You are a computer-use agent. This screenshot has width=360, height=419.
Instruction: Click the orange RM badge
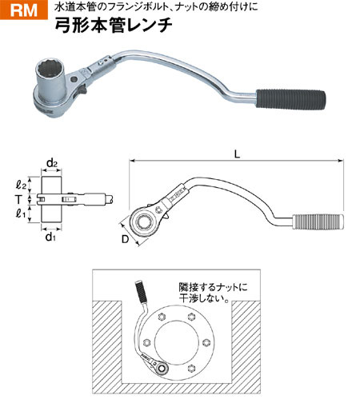[23, 10]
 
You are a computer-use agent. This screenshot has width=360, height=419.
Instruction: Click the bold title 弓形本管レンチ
[114, 26]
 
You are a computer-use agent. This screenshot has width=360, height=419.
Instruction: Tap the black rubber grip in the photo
[290, 99]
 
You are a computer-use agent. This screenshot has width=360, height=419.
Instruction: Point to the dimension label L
[237, 154]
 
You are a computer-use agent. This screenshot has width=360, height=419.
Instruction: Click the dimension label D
[125, 239]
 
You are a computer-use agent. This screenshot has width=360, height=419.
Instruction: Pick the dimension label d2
[51, 163]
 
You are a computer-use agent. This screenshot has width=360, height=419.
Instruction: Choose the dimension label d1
[50, 237]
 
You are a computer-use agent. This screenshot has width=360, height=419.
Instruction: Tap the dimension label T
[18, 200]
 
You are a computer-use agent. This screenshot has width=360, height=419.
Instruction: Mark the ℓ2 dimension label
[21, 185]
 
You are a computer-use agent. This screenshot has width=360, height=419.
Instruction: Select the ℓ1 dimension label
[21, 213]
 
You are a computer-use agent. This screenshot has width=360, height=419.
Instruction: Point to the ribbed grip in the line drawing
[318, 221]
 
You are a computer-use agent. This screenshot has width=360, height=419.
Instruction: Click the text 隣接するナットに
[213, 287]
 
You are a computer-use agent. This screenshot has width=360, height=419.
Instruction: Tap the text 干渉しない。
[204, 298]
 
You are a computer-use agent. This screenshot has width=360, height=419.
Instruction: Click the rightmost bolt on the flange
[206, 342]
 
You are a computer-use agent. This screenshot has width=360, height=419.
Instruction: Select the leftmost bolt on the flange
[146, 342]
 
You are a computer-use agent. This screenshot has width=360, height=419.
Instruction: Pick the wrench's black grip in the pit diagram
[141, 291]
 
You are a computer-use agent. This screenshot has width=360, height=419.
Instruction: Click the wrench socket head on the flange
[161, 369]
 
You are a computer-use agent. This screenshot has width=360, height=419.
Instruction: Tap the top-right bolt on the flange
[190, 317]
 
